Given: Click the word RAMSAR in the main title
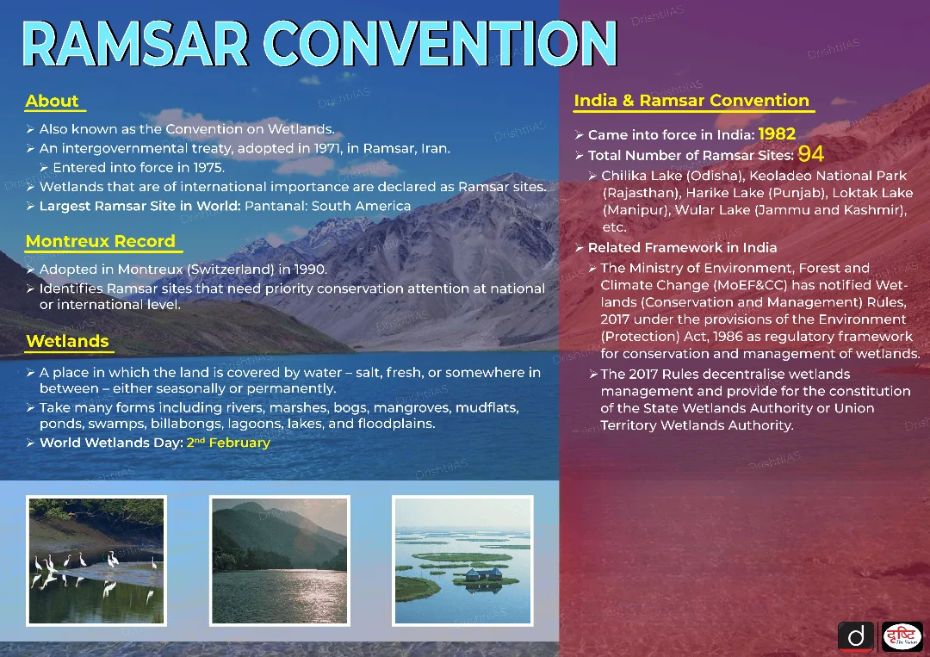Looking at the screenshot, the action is click(136, 44).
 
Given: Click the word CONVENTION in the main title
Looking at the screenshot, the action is click(440, 44).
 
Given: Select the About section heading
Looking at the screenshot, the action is click(53, 101).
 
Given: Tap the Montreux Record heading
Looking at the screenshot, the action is click(101, 241).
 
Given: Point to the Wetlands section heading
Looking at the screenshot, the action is click(68, 341).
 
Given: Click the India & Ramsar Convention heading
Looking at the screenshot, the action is click(691, 100).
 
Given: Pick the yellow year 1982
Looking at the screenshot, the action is click(777, 134).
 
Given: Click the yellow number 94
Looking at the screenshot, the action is click(811, 154).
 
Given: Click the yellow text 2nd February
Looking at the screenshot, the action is click(228, 443).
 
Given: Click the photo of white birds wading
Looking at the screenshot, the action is click(96, 561).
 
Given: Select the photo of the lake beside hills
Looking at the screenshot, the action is click(279, 561).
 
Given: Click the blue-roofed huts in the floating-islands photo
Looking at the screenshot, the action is click(484, 574).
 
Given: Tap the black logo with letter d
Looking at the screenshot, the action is click(855, 637).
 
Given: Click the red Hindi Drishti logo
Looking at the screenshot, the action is click(902, 637).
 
